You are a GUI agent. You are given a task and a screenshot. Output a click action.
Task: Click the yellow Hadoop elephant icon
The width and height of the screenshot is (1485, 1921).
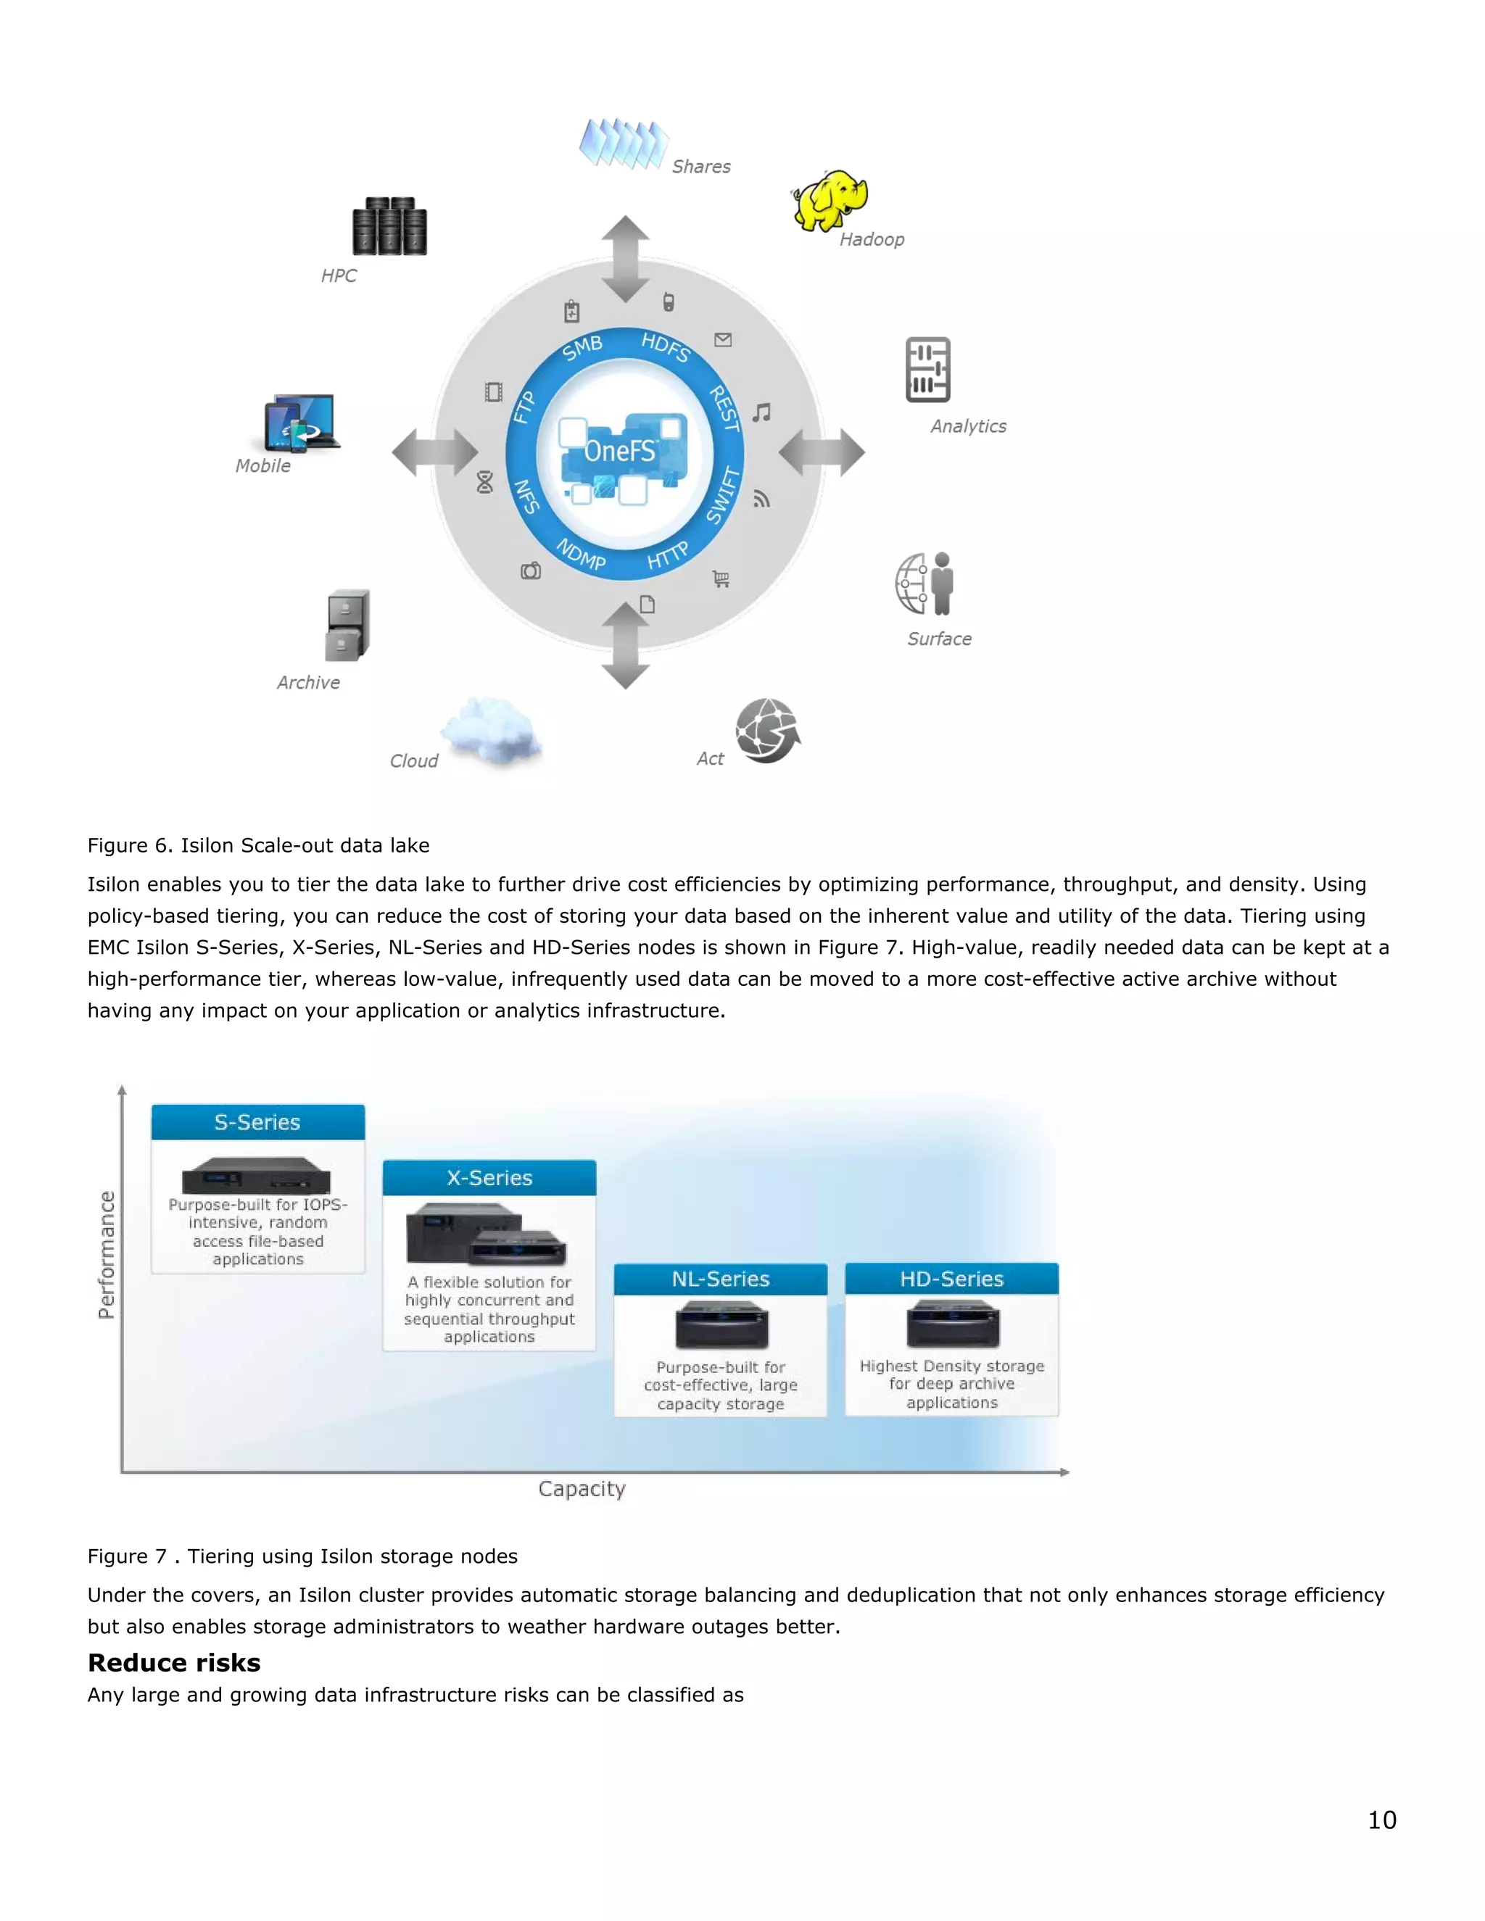830,201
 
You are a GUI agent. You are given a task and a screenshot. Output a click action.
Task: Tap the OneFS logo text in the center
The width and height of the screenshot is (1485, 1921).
620,451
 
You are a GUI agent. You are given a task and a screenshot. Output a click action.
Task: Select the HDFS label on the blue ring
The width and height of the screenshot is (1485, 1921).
665,347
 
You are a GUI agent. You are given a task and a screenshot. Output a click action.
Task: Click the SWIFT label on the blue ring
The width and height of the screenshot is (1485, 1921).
724,495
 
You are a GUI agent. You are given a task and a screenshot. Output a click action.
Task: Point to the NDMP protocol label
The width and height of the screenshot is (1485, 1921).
581,554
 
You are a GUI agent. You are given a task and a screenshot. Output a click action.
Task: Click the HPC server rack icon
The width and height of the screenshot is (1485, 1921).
389,226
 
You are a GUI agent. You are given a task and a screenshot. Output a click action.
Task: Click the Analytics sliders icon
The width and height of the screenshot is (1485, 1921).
928,370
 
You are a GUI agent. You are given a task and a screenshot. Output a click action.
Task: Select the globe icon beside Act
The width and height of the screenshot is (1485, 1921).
767,730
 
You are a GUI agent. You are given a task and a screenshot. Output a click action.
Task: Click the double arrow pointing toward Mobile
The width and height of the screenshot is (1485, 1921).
434,452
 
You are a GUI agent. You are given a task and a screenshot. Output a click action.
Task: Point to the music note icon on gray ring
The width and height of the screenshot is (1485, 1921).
762,412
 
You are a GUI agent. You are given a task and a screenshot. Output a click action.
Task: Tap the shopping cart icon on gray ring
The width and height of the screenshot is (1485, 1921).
721,578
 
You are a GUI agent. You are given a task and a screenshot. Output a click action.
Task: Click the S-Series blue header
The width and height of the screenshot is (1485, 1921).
257,1122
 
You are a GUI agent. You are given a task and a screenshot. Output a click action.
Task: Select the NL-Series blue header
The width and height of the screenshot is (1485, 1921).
721,1279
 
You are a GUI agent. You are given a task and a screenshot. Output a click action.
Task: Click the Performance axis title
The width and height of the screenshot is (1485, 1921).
107,1254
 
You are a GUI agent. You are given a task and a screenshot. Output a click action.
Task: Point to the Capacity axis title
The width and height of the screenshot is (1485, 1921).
582,1489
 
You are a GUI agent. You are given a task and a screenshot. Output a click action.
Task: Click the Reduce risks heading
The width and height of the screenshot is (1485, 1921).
174,1662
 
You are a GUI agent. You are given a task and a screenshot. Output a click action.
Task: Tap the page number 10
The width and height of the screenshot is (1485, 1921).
1381,1820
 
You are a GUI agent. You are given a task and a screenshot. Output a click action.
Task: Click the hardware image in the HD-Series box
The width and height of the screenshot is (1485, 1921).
953,1324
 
